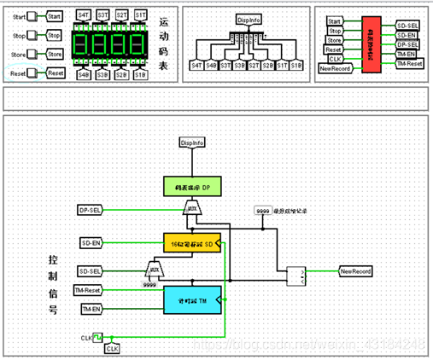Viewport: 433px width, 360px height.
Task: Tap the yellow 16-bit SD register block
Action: pos(192,243)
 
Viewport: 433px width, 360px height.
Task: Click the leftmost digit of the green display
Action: pos(83,45)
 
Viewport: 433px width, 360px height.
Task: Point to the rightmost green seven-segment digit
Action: pos(139,45)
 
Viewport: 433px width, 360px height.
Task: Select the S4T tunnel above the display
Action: pos(84,15)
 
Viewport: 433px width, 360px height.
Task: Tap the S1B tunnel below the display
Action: pos(140,75)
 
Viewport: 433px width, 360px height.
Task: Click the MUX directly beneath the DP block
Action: pos(194,208)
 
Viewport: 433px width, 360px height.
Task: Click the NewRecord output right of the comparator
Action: pos(355,271)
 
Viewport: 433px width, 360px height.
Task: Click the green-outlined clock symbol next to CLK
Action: pos(97,339)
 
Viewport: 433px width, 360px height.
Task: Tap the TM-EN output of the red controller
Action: pos(408,53)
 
